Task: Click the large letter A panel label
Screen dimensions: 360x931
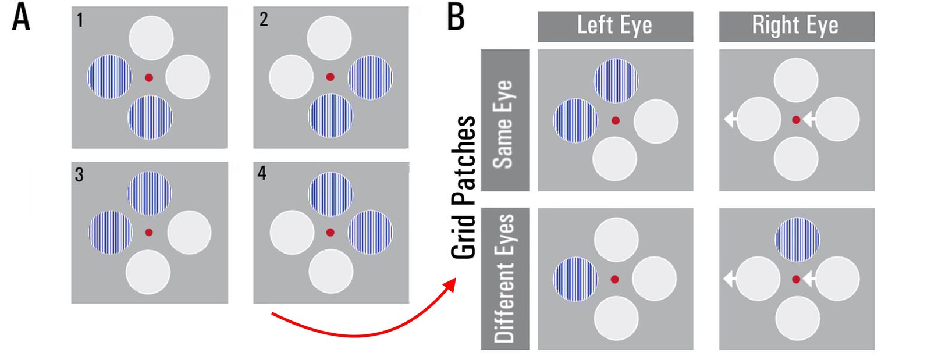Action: pos(21,17)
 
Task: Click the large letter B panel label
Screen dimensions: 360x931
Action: pos(456,17)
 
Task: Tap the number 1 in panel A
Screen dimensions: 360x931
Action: pos(80,20)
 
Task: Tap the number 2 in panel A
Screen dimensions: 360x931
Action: pos(264,19)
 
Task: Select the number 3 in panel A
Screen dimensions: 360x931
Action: pos(79,174)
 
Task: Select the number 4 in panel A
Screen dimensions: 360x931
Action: pos(262,173)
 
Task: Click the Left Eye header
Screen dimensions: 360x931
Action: pos(614,26)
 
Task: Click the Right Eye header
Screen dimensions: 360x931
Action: pos(795,26)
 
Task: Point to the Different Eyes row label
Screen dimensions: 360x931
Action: pos(504,278)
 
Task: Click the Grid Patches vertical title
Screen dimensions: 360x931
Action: pos(464,186)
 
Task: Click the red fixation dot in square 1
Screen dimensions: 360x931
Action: pos(149,77)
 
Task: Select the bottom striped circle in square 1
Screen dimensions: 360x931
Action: pos(150,117)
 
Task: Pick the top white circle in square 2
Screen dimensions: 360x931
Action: pos(329,38)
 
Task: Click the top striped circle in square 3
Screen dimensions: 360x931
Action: pos(150,193)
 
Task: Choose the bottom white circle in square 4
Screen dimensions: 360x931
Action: pos(331,271)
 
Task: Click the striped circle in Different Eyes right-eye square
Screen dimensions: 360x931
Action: pos(797,240)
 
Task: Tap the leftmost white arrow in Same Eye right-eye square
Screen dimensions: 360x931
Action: pos(730,119)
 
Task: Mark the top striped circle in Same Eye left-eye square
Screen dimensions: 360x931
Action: pos(616,81)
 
